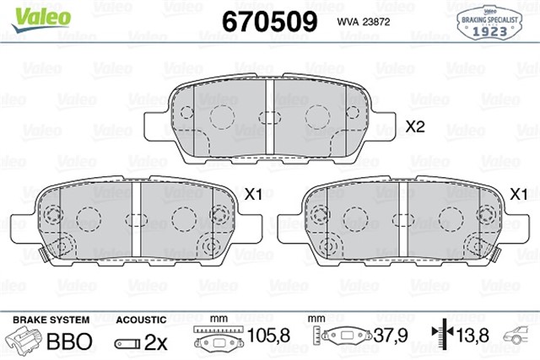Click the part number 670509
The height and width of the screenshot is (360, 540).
point(268,20)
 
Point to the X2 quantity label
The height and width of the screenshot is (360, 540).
point(414,127)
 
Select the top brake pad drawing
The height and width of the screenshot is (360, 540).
point(267,122)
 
